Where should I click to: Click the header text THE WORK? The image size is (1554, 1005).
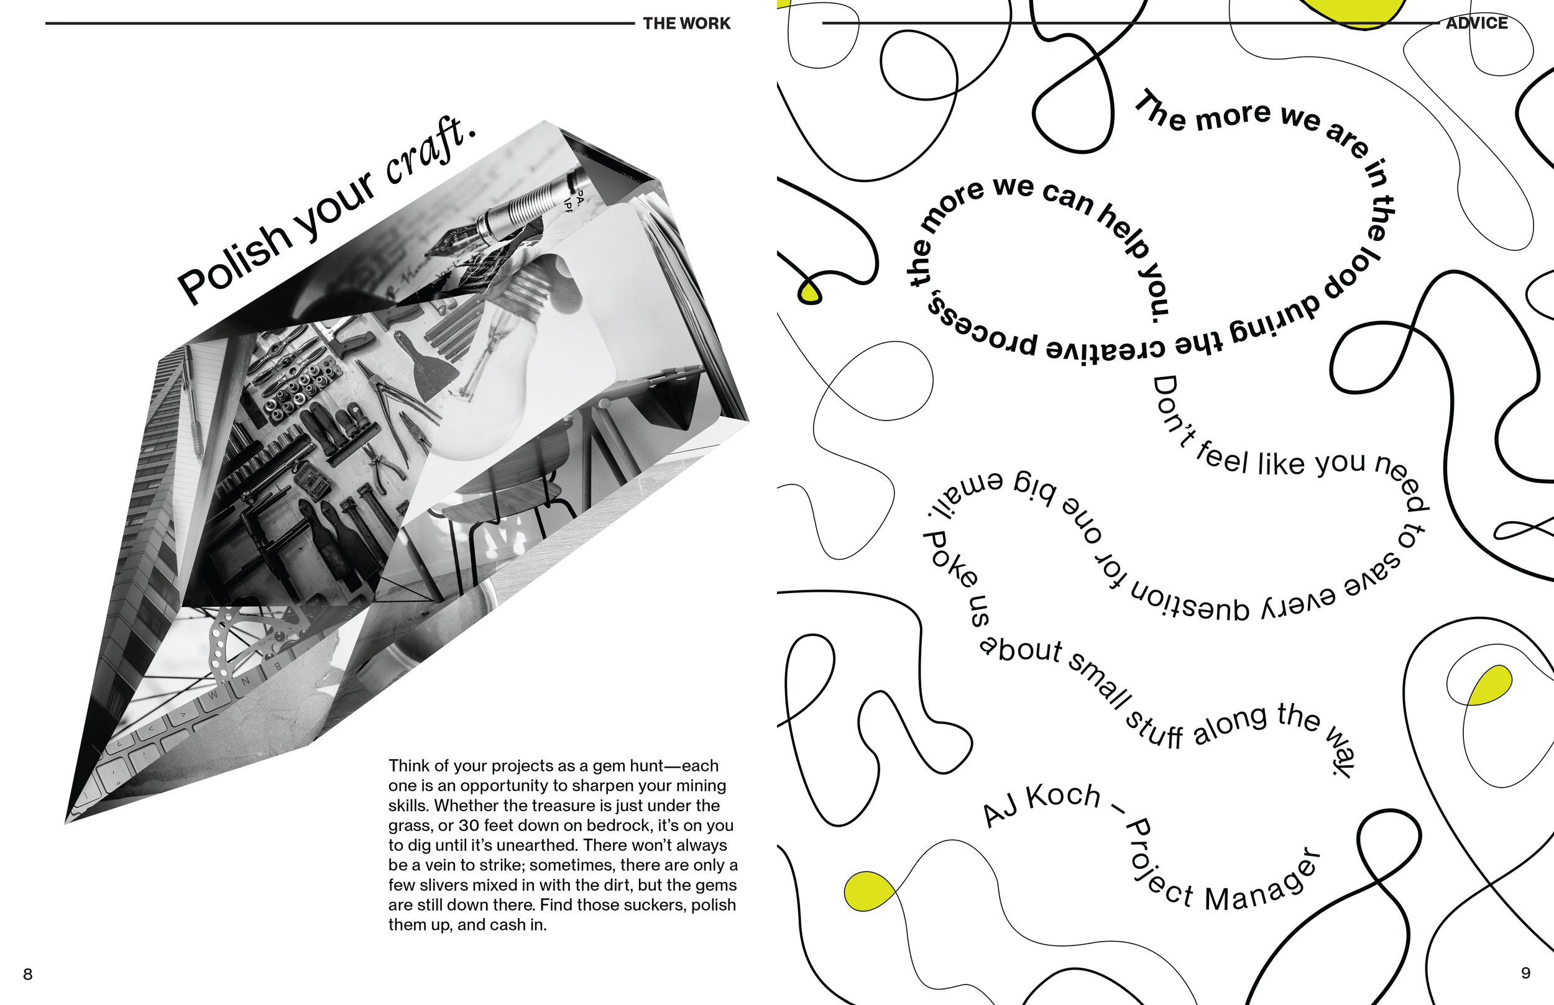coord(686,24)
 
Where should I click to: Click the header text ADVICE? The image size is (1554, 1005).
coord(1476,23)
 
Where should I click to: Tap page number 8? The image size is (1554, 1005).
coord(27,974)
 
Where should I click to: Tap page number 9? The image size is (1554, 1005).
coord(1525,973)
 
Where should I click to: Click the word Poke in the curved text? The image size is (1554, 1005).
coord(950,558)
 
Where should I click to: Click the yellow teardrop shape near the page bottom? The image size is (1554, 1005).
coord(868,891)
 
